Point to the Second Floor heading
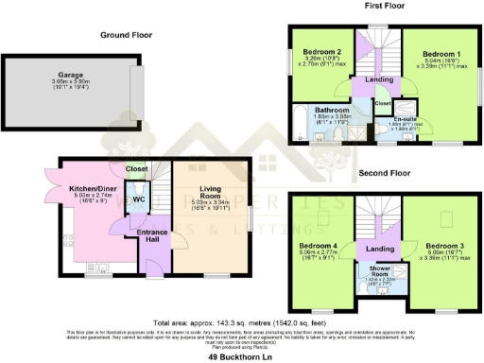pyautogui.click(x=384, y=175)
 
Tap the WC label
pyautogui.click(x=138, y=200)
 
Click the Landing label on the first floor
pyautogui.click(x=365, y=80)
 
